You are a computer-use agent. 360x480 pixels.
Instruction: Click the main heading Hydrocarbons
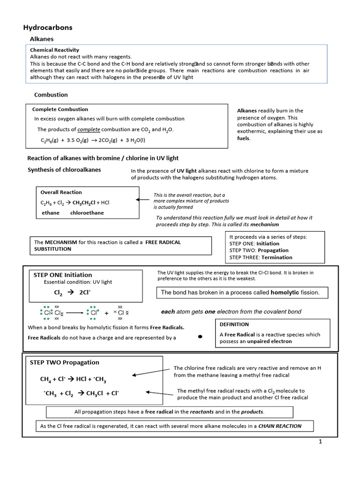[x=48, y=28]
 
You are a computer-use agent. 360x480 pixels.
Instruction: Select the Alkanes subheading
[x=42, y=39]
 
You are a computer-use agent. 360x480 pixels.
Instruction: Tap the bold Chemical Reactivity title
[x=54, y=50]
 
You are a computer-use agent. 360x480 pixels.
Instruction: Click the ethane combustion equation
[x=93, y=140]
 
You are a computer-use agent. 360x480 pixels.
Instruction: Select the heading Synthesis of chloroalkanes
[x=64, y=170]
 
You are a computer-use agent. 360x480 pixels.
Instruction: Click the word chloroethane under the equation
[x=87, y=213]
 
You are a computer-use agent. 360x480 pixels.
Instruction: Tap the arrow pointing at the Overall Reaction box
[x=143, y=199]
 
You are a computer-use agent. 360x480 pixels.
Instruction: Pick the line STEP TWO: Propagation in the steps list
[x=259, y=250]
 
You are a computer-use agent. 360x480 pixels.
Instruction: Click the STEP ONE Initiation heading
[x=63, y=275]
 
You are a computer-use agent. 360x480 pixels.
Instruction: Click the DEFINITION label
[x=234, y=324]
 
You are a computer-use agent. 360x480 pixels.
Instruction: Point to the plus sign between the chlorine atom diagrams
[x=106, y=313]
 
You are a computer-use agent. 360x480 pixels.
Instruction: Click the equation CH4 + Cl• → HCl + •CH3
[x=76, y=379]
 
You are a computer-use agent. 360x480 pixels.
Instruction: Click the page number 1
[x=321, y=442]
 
